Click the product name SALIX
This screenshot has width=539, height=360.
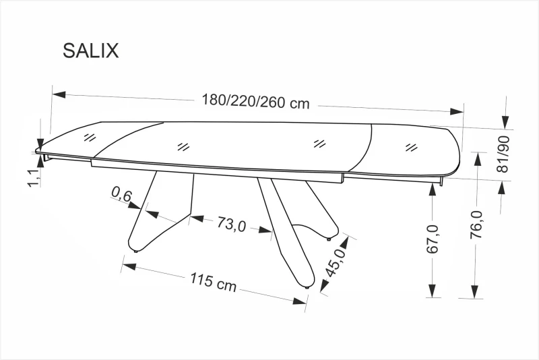tap(90, 51)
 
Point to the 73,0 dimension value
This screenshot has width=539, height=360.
tap(230, 224)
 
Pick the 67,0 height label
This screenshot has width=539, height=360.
tap(433, 239)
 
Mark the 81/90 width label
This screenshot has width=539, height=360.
tap(503, 154)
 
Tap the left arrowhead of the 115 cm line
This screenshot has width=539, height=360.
tap(129, 266)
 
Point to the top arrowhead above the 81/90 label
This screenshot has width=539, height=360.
tap(504, 121)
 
